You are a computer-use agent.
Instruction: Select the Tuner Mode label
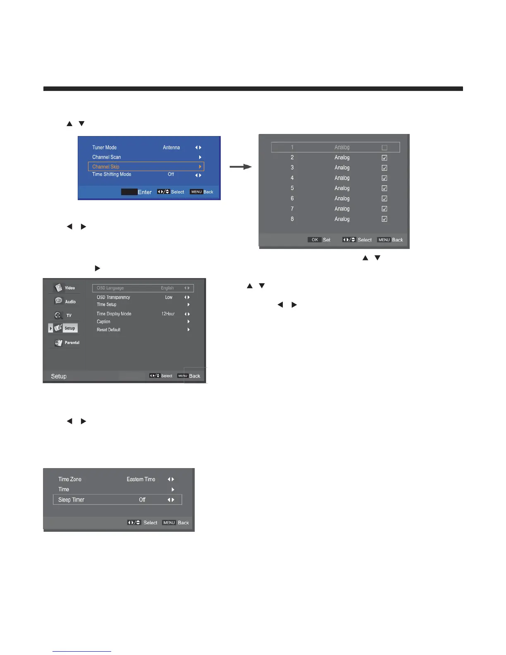[104, 148]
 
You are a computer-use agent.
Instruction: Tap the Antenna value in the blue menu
[171, 148]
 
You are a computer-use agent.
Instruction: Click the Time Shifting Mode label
[112, 175]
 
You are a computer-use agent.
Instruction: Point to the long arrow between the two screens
[241, 167]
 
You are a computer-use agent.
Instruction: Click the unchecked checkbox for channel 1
[384, 148]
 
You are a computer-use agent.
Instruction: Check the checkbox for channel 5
[384, 189]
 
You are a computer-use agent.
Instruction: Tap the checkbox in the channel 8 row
[384, 219]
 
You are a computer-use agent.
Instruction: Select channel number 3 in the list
[292, 167]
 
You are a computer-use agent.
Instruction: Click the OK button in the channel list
[315, 240]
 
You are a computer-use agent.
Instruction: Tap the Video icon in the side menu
[59, 287]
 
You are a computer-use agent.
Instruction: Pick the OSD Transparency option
[113, 297]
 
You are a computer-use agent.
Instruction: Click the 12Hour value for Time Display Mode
[168, 314]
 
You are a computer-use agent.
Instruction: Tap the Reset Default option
[108, 330]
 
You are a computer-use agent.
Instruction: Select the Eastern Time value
[141, 479]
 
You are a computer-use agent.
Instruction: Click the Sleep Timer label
[71, 500]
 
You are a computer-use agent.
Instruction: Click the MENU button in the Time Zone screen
[169, 523]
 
